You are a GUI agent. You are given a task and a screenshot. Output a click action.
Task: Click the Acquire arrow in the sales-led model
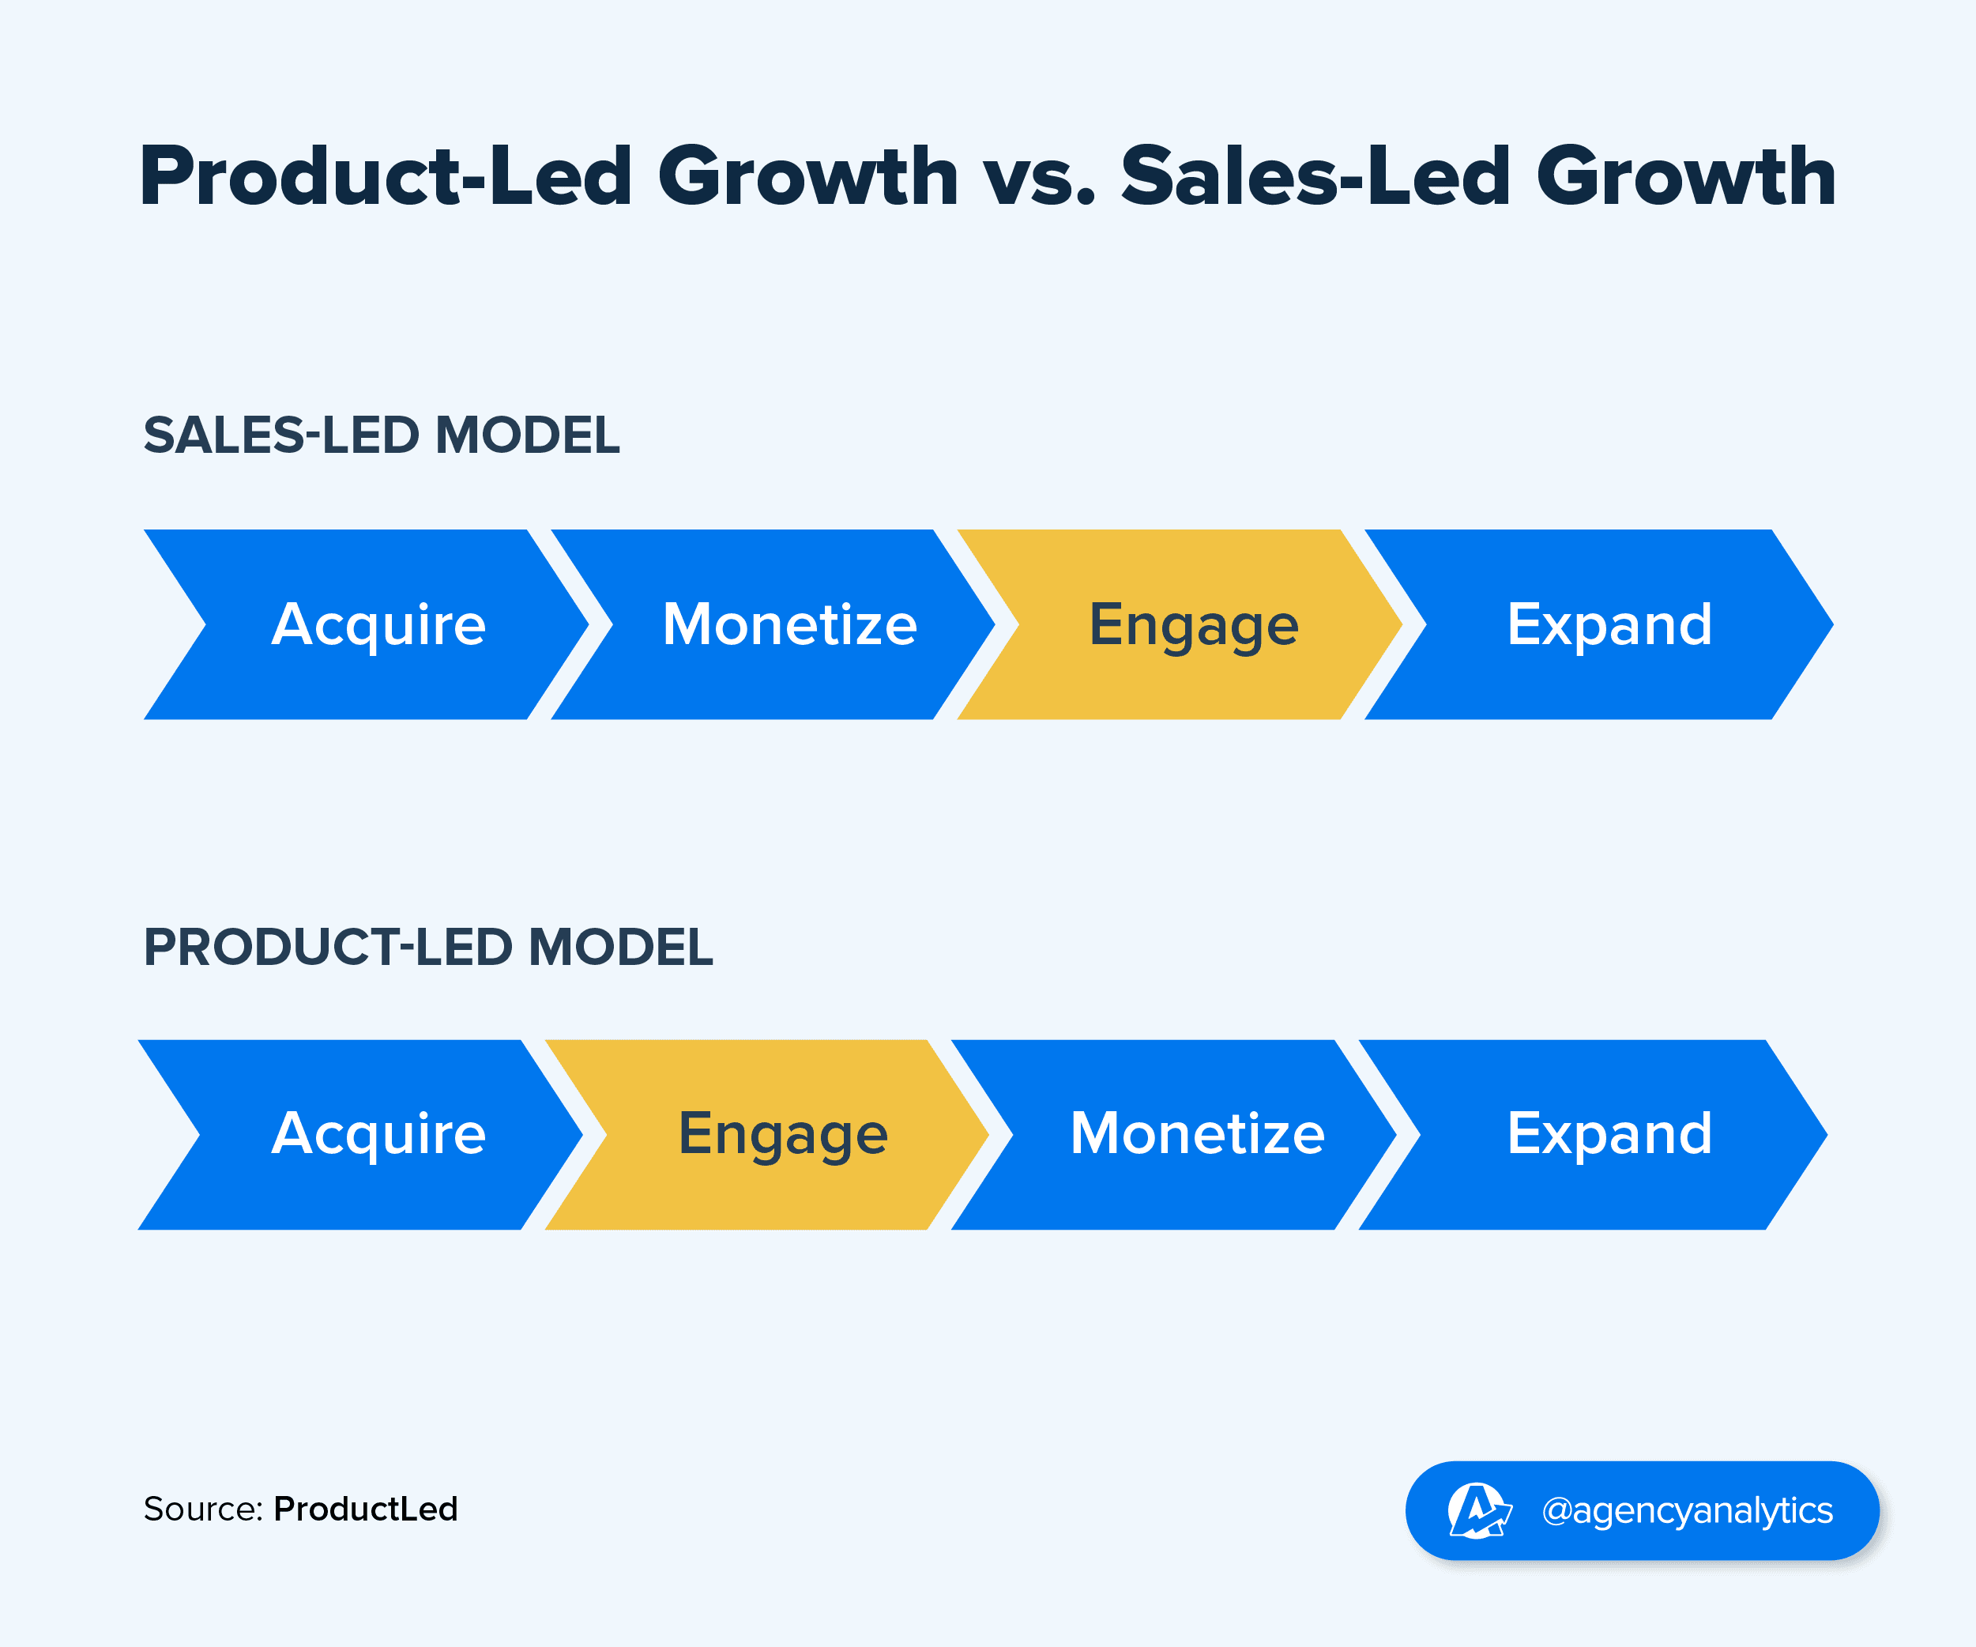376,625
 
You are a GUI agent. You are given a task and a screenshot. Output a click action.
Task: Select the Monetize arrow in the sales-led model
789,625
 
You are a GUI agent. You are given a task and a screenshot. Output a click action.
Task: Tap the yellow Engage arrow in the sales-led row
1193,625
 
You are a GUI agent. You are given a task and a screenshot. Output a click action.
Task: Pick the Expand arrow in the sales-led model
1609,625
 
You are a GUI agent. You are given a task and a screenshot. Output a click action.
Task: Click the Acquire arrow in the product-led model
376,1134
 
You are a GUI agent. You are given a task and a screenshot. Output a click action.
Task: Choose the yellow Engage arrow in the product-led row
783,1134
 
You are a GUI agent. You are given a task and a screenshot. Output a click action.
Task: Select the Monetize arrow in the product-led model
1197,1134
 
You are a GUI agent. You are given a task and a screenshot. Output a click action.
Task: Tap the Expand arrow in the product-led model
1609,1134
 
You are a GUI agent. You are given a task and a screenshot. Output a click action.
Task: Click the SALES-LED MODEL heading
381,435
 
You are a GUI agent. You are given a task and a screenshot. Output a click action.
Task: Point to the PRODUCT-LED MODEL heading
428,947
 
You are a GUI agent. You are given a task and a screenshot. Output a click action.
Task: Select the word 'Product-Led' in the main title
386,177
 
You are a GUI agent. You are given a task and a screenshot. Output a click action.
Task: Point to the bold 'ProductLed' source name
365,1509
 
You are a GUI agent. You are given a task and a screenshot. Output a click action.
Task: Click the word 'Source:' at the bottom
202,1509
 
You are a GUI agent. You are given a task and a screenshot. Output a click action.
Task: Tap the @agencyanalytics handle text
1686,1510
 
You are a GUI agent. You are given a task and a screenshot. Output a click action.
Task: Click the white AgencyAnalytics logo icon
1477,1510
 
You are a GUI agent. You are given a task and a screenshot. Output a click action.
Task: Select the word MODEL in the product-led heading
620,947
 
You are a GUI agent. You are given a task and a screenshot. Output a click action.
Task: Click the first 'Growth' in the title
807,177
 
